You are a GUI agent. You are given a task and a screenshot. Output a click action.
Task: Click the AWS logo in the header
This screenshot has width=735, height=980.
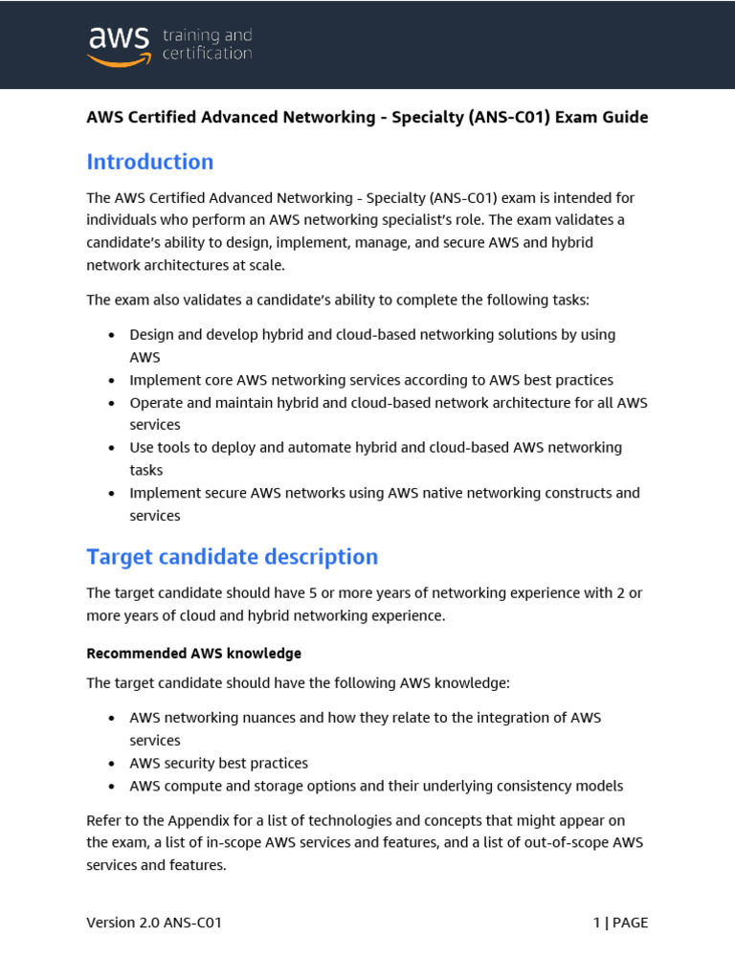119,44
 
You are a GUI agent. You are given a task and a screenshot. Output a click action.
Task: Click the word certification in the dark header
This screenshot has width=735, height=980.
207,54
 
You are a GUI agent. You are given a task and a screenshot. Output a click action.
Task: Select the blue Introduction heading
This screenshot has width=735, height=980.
150,162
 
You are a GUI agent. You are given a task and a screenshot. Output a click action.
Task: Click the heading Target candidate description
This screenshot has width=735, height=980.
232,556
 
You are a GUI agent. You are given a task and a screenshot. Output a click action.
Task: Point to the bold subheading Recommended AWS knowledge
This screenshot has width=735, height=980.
193,654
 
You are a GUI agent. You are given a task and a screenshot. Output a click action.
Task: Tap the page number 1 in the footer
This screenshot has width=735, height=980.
596,924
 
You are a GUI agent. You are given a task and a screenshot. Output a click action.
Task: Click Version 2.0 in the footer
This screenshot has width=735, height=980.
125,924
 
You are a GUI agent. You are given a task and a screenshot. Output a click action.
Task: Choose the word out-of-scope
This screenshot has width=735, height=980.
560,843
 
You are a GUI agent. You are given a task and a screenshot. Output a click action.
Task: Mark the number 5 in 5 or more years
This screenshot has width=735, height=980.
318,593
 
